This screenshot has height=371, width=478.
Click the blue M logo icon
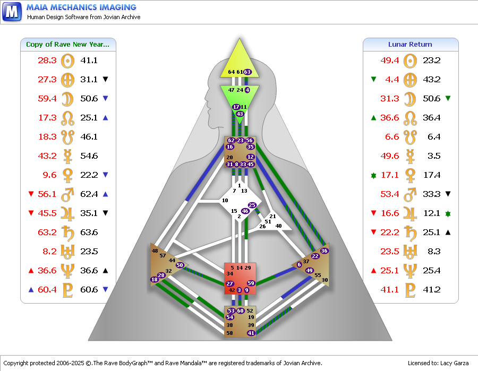pos(12,12)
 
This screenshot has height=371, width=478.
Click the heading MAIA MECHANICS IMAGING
pos(81,7)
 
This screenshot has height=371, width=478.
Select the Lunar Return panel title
pos(410,45)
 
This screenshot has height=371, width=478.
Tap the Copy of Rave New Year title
pos(67,45)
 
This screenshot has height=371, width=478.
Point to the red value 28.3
pos(47,61)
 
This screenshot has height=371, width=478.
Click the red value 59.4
pos(47,98)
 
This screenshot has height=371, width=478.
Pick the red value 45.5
pos(47,213)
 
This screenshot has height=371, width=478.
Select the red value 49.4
pos(390,61)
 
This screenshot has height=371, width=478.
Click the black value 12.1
pos(432,213)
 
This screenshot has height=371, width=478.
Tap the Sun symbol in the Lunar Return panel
pos(410,61)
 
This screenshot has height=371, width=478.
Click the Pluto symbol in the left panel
pos(67,290)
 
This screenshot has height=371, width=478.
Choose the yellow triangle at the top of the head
pos(240,61)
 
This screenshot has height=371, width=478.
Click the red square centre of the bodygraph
pos(240,279)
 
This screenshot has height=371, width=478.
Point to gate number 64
pos(232,72)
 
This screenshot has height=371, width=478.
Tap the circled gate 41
pos(251,333)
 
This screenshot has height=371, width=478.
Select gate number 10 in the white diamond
pos(225,201)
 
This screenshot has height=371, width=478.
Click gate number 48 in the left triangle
pos(155,251)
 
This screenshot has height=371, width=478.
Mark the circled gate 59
pos(251,283)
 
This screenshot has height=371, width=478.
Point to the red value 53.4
pos(390,194)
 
